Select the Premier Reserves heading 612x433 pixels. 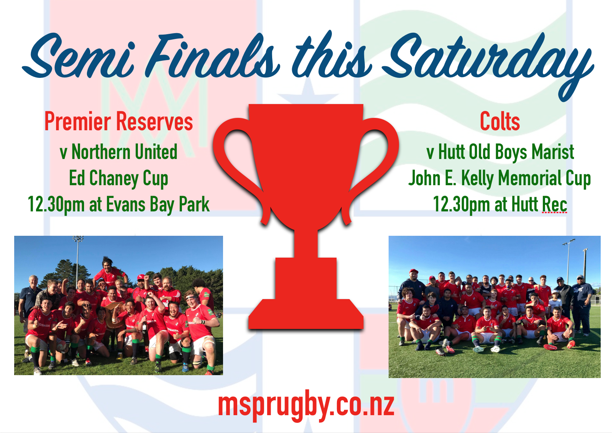[119, 122]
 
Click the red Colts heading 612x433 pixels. [500, 122]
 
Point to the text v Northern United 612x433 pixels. [119, 152]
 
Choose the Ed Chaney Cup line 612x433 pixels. [119, 178]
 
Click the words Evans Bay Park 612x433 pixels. [158, 204]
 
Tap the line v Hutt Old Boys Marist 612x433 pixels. [500, 152]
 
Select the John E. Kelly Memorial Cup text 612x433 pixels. [500, 178]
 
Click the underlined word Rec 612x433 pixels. [555, 204]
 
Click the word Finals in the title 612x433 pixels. [212, 55]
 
